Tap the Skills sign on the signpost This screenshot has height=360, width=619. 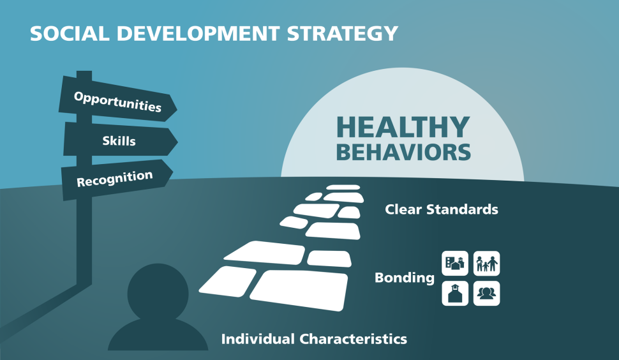(x=119, y=140)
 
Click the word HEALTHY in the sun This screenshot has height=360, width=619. (x=403, y=127)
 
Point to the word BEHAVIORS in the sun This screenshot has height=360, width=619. (x=403, y=153)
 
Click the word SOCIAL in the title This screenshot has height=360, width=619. (x=69, y=33)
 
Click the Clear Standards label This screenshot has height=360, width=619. (x=442, y=209)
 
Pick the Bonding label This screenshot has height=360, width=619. (x=405, y=278)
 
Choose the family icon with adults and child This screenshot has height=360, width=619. (x=486, y=263)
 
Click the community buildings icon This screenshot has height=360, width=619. (x=456, y=263)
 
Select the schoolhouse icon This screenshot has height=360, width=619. (x=456, y=293)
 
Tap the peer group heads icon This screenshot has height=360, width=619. (x=486, y=293)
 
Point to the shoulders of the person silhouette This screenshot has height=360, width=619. (x=158, y=335)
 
